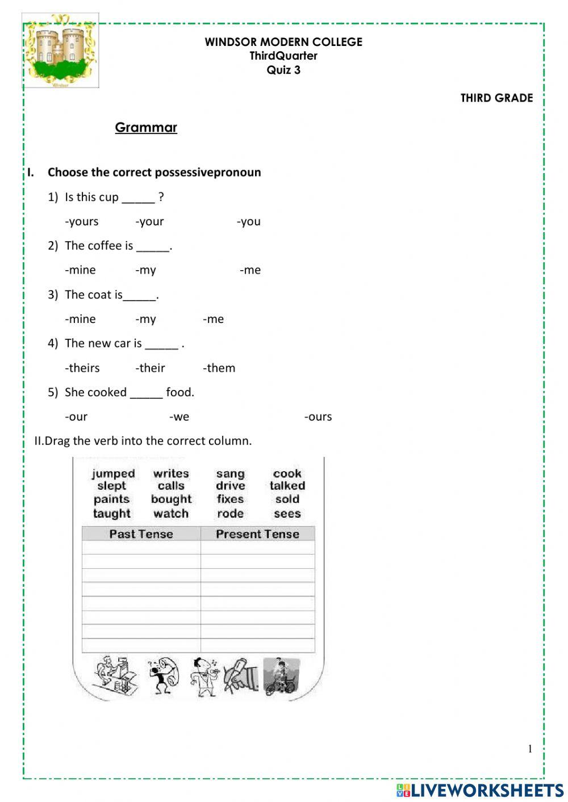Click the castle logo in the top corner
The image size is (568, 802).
(61, 51)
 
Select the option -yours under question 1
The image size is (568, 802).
(82, 221)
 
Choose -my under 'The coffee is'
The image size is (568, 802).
(145, 270)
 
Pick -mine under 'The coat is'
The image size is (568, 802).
(80, 319)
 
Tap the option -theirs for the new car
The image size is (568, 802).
(82, 368)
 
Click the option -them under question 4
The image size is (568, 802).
(219, 368)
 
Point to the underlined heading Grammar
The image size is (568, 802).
(146, 127)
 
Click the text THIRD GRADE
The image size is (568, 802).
(496, 98)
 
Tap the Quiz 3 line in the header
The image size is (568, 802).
(283, 70)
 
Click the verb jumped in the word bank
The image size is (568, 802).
(113, 473)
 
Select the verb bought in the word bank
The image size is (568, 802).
(171, 499)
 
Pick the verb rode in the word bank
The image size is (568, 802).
(230, 514)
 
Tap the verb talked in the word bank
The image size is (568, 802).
(287, 486)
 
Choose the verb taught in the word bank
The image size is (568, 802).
(112, 514)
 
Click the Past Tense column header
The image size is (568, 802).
(141, 534)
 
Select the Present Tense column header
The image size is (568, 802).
(257, 534)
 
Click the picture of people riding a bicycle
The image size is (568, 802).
(281, 676)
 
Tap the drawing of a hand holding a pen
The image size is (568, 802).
(241, 675)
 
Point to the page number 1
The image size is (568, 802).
(530, 749)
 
